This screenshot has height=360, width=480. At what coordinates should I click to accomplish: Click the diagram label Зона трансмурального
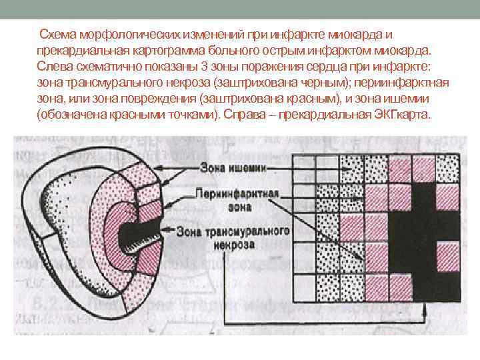233,230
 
